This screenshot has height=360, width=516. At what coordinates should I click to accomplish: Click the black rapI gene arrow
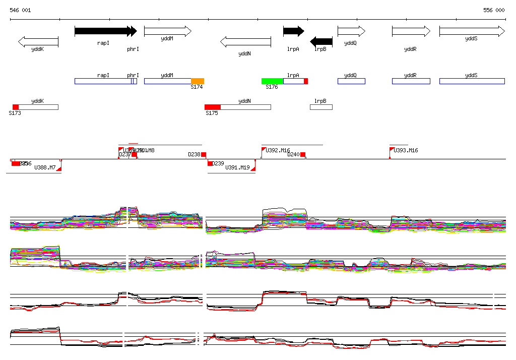[103, 31]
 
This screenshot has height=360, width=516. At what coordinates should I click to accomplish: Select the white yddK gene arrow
[38, 41]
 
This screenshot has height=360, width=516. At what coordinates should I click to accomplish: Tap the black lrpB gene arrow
[321, 41]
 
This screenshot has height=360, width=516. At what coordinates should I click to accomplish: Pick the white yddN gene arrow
[245, 41]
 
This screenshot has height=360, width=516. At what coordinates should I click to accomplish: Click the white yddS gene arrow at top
[472, 31]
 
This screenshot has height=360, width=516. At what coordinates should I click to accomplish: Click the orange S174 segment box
[198, 81]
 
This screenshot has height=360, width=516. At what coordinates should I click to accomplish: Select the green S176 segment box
[272, 81]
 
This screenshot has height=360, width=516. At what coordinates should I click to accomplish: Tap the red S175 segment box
[213, 107]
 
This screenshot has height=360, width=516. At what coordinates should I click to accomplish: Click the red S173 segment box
[16, 107]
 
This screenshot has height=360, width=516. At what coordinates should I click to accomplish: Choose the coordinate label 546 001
[20, 10]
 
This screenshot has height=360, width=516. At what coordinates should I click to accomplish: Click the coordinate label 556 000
[494, 10]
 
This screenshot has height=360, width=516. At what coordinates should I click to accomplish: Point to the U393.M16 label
[406, 151]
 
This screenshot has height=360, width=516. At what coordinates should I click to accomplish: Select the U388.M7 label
[45, 167]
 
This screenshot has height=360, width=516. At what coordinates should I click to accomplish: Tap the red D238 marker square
[204, 155]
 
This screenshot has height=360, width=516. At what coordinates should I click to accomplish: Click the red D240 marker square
[303, 155]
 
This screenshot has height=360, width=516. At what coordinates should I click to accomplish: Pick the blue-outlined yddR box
[411, 81]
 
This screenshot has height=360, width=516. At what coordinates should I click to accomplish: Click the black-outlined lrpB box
[321, 107]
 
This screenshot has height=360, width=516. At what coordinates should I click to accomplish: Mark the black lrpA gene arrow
[293, 31]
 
